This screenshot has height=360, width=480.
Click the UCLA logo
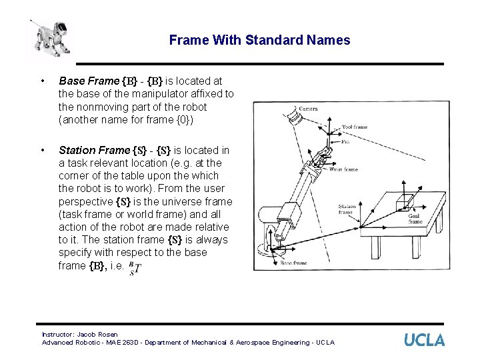pyautogui.click(x=424, y=339)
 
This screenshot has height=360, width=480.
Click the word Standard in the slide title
pyautogui.click(x=273, y=40)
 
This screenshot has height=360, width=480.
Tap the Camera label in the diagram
pyautogui.click(x=308, y=109)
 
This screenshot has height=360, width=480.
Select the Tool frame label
pyautogui.click(x=355, y=126)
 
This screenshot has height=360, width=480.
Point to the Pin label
pyautogui.click(x=345, y=141)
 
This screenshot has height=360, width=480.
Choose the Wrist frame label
pyautogui.click(x=343, y=169)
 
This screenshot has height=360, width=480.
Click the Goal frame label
pyautogui.click(x=415, y=218)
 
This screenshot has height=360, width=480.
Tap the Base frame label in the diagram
pyautogui.click(x=293, y=263)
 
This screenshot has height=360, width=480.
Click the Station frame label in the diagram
pyautogui.click(x=347, y=209)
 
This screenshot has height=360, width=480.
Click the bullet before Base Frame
pyautogui.click(x=43, y=81)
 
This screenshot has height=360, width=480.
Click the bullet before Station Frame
pyautogui.click(x=43, y=151)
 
